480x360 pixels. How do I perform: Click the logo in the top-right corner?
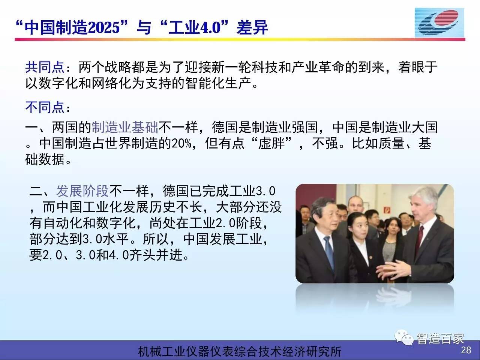(x=439, y=22)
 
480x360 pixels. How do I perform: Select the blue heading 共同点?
(x=45, y=67)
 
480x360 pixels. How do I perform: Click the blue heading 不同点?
(x=45, y=107)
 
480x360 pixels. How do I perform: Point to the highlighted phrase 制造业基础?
(x=124, y=127)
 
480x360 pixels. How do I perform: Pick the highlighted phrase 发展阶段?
(x=82, y=191)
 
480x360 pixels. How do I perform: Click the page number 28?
(x=466, y=350)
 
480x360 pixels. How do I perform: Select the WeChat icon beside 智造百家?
(x=403, y=337)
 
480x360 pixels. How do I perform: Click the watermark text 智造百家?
(x=440, y=339)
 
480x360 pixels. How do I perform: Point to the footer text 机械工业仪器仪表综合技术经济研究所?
(x=240, y=351)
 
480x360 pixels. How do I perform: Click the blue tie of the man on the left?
(x=330, y=251)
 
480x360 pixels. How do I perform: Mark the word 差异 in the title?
(x=252, y=27)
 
